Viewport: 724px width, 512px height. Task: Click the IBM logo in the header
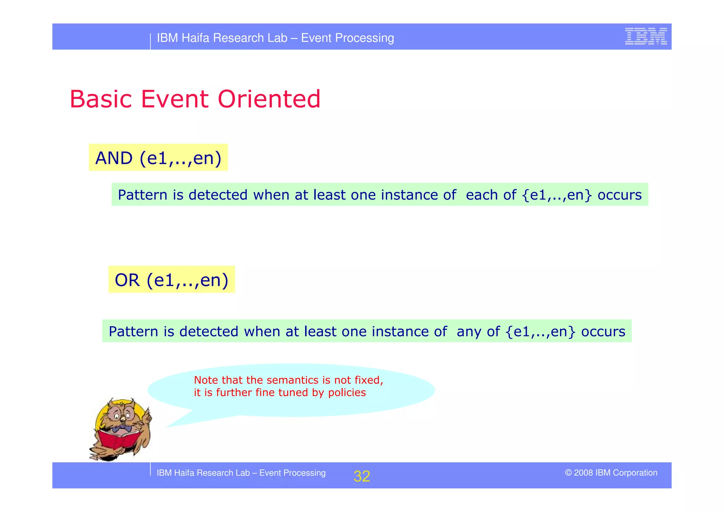pos(646,36)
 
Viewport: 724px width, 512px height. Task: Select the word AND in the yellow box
pos(114,158)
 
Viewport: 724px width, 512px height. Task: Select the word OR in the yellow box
pos(127,280)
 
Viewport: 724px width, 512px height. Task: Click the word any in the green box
pos(469,332)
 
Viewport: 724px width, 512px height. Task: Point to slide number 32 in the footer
pos(362,476)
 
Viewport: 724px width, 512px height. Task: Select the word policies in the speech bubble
pos(347,393)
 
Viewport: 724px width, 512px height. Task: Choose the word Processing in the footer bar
pos(304,473)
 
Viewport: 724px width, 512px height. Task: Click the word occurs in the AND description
pos(619,195)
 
